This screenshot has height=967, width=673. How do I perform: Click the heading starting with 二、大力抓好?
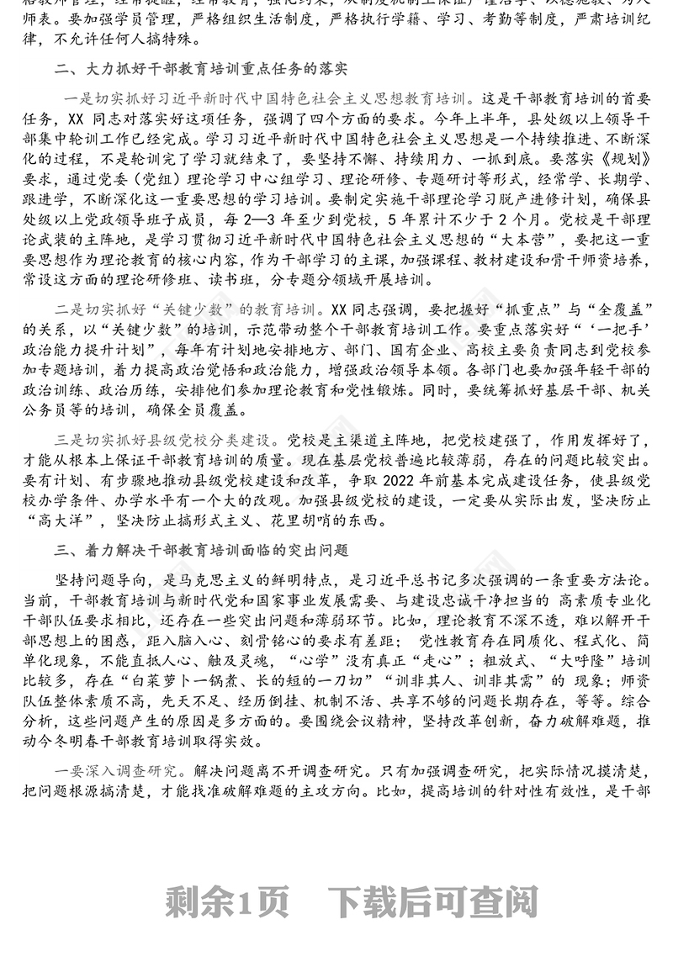click(x=202, y=68)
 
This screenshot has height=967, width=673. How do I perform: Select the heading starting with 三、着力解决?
click(x=202, y=551)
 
